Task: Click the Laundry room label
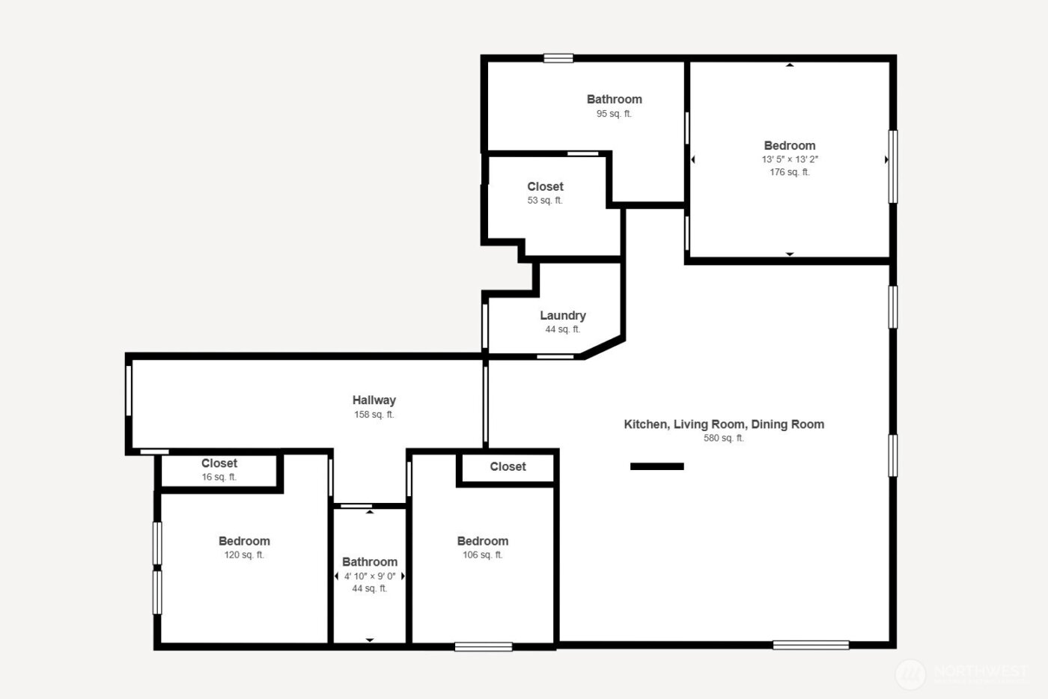[563, 316]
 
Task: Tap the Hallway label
[374, 400]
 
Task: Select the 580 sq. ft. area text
[724, 439]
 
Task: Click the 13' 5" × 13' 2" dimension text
[790, 159]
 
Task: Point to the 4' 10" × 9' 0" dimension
[370, 576]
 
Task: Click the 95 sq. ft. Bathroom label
[614, 100]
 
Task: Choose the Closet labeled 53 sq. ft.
[545, 187]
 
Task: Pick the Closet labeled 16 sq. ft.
[219, 464]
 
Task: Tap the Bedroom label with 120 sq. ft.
[244, 541]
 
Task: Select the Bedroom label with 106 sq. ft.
[483, 541]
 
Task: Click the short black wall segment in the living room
[657, 466]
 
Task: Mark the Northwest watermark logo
[911, 674]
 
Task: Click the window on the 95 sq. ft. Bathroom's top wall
[558, 58]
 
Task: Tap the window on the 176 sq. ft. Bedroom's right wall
[892, 167]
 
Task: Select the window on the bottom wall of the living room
[811, 645]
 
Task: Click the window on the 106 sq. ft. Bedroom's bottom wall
[484, 647]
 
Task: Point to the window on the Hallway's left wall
[129, 390]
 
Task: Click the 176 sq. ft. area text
[790, 172]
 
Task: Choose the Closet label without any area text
[508, 467]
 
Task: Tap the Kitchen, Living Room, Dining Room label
[724, 424]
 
